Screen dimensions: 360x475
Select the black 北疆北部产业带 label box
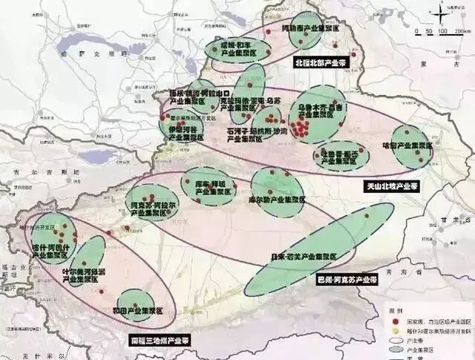323,62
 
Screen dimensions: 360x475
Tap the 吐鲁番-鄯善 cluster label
338,154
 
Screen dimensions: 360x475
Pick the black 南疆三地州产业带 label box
159,340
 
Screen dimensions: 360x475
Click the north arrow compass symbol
442,13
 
